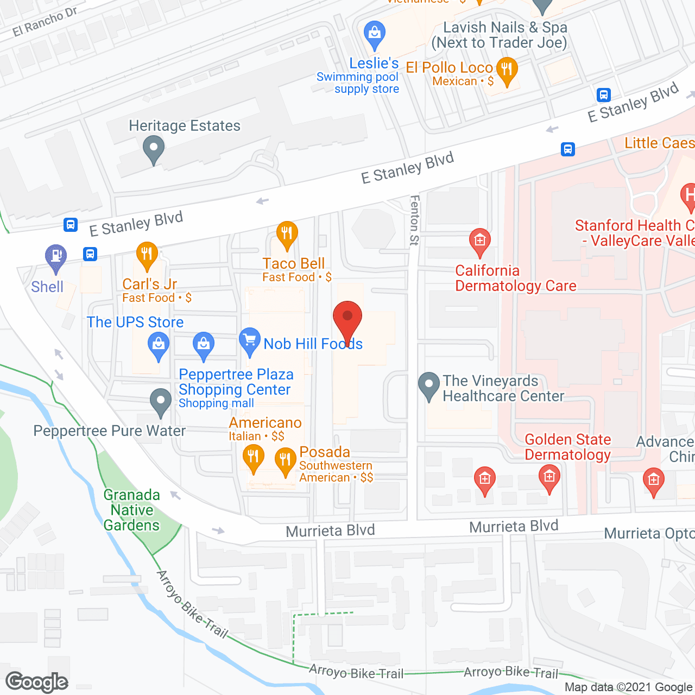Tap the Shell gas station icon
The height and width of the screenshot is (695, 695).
click(x=55, y=256)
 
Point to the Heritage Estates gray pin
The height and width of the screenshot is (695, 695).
click(x=154, y=148)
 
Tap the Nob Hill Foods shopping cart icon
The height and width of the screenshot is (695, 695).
click(x=250, y=342)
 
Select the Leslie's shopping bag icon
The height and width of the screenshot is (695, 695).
click(x=374, y=34)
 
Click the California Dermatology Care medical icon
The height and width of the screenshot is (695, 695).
click(x=479, y=241)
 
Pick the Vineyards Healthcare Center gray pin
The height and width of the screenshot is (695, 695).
click(x=429, y=385)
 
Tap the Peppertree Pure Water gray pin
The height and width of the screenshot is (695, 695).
click(x=160, y=402)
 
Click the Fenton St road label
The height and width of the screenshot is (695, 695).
click(x=415, y=220)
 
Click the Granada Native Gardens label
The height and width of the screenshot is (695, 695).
click(x=132, y=510)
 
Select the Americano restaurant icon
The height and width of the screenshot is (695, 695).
click(x=253, y=457)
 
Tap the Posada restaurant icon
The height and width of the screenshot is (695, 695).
click(x=285, y=460)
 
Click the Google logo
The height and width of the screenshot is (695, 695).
click(x=37, y=682)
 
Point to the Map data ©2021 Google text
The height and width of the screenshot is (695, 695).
click(x=629, y=687)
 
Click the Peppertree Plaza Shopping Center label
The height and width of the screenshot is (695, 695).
click(x=236, y=382)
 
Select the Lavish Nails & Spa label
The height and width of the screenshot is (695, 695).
click(x=500, y=35)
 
